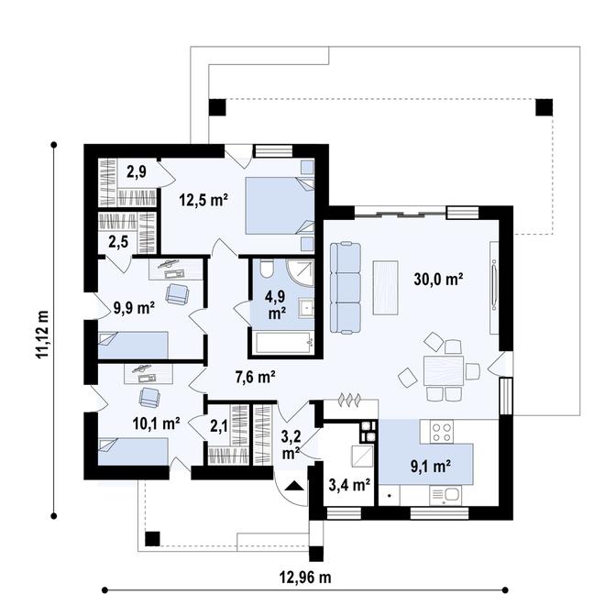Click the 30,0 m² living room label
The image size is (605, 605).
(x=438, y=279)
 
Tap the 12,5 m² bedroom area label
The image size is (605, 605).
(x=203, y=200)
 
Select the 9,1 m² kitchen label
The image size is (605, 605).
(x=431, y=467)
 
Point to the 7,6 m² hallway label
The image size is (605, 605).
(x=255, y=377)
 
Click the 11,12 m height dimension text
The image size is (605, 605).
(x=42, y=335)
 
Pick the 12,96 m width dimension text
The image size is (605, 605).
(x=305, y=577)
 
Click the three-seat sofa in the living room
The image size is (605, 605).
(x=346, y=287)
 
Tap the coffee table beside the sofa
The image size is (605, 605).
(x=385, y=288)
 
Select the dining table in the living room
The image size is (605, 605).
(x=444, y=371)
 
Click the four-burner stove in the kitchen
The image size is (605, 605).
(x=442, y=432)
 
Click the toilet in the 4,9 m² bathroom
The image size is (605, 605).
(x=267, y=269)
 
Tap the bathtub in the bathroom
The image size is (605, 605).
(x=285, y=342)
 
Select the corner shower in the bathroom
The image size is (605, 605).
(x=300, y=273)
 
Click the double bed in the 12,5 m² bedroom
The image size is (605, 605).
(x=280, y=205)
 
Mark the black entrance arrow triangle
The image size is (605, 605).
(x=295, y=486)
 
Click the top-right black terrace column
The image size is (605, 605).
(x=544, y=107)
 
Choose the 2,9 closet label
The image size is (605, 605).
(x=137, y=171)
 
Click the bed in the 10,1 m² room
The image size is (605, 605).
(x=133, y=451)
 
